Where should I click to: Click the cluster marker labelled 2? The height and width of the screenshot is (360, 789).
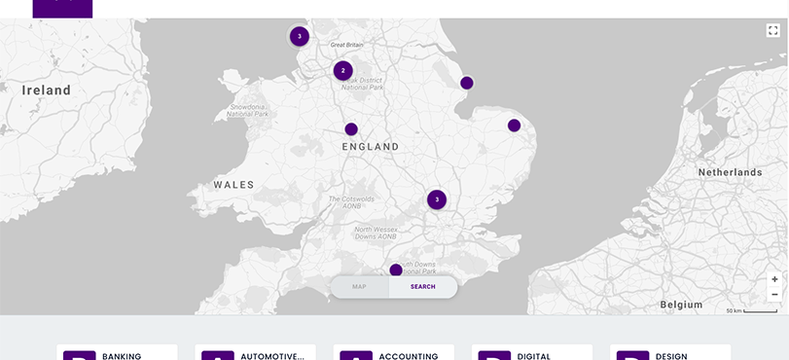[342, 71]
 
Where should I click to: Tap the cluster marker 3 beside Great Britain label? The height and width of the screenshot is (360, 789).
[300, 37]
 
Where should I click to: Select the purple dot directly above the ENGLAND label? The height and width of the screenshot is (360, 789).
[351, 129]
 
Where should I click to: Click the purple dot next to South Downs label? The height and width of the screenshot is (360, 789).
[396, 270]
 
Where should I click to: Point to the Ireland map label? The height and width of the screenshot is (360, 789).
[47, 90]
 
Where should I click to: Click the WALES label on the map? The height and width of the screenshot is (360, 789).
[233, 185]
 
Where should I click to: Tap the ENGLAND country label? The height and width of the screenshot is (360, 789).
[371, 147]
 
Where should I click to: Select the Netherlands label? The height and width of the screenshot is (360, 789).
[730, 172]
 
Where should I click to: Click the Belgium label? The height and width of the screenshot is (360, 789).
[681, 305]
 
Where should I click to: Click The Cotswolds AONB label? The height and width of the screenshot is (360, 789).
[351, 202]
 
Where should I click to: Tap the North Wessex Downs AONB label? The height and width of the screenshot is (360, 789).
[375, 233]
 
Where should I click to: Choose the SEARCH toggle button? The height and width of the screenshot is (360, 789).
[423, 287]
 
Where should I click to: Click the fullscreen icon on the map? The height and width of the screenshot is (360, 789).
[773, 31]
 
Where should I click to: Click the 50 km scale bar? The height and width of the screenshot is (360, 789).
[751, 310]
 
